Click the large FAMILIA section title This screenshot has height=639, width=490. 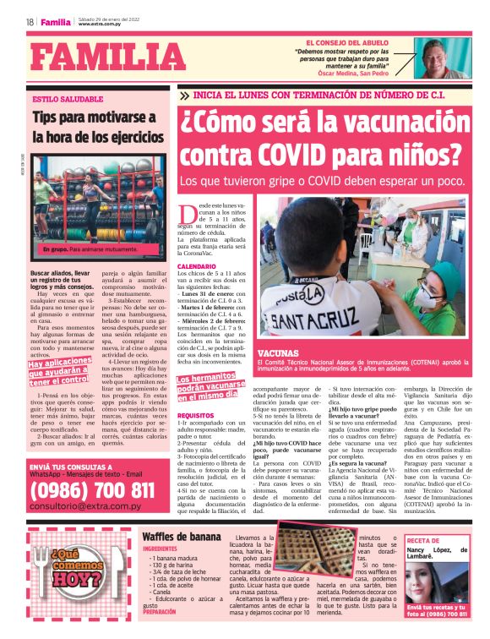tap(100, 57)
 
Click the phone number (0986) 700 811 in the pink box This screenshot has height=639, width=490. tap(92, 490)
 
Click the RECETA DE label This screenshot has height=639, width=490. tap(424, 539)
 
